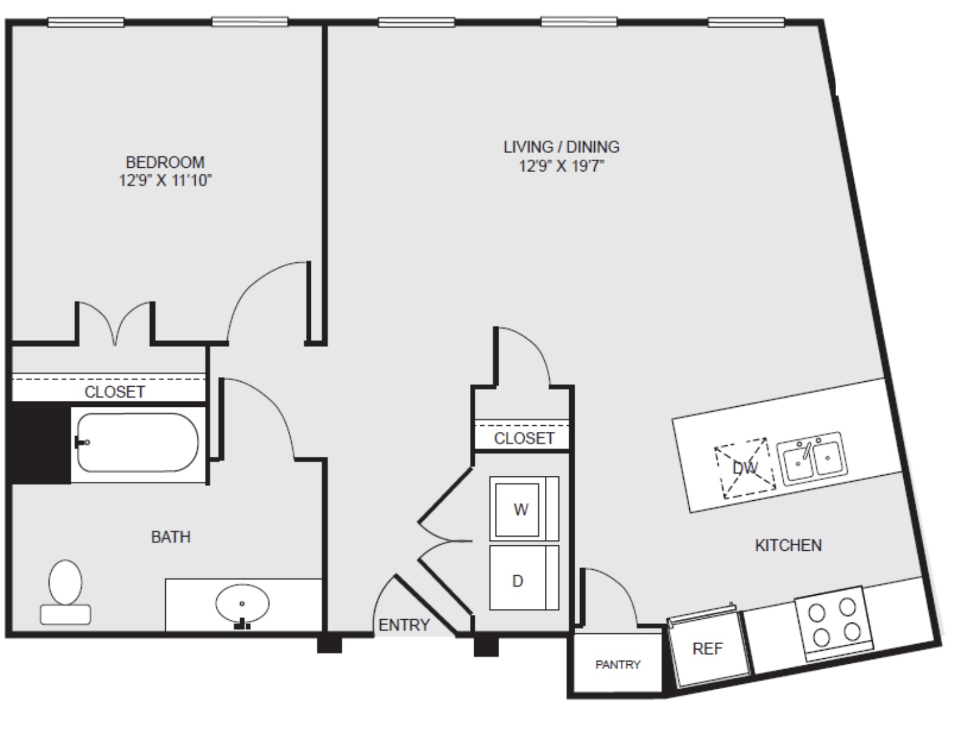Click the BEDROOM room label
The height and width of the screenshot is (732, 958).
click(165, 162)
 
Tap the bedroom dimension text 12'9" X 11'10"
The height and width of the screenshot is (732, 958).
click(165, 181)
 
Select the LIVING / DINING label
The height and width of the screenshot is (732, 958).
click(561, 147)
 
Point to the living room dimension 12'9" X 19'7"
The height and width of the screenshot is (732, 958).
click(561, 167)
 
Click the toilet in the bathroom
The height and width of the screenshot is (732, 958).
click(65, 592)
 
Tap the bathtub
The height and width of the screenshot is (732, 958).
click(138, 442)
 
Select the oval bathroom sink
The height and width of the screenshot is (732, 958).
click(242, 604)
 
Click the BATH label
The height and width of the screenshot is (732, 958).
click(171, 537)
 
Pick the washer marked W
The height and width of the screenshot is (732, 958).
click(524, 509)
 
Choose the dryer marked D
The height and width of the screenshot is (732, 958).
click(524, 578)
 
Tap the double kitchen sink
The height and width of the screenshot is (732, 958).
click(812, 459)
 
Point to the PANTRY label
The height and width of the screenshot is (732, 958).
click(618, 665)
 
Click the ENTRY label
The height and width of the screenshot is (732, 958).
click(404, 625)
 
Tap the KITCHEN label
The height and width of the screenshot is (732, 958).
click(788, 545)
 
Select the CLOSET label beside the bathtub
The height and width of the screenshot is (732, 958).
click(115, 392)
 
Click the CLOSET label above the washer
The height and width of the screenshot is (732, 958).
click(524, 439)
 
